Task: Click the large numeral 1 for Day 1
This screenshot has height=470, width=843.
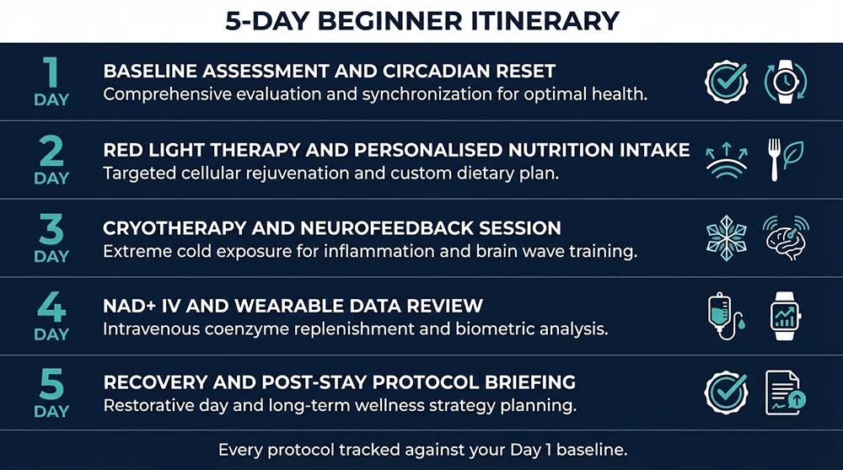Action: point(51,73)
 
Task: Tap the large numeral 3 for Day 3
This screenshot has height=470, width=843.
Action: point(51,229)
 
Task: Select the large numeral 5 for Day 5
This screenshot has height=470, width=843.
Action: point(51,385)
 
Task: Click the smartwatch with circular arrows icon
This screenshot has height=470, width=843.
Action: point(785,82)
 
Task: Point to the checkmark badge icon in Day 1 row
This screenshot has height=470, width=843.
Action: point(726,82)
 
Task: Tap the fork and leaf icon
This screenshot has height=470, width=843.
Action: point(785,159)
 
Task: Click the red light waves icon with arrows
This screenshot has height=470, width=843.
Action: point(726,159)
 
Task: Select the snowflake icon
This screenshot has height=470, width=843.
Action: point(726,238)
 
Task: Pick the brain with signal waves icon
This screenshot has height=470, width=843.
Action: point(785,238)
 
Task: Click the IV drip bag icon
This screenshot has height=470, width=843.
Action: point(726,316)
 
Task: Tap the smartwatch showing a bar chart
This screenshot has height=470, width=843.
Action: point(785,316)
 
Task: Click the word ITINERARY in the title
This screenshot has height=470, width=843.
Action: point(541,20)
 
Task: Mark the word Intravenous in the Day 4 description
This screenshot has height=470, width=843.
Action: point(151,328)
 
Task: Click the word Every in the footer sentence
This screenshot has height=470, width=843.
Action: point(241,450)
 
